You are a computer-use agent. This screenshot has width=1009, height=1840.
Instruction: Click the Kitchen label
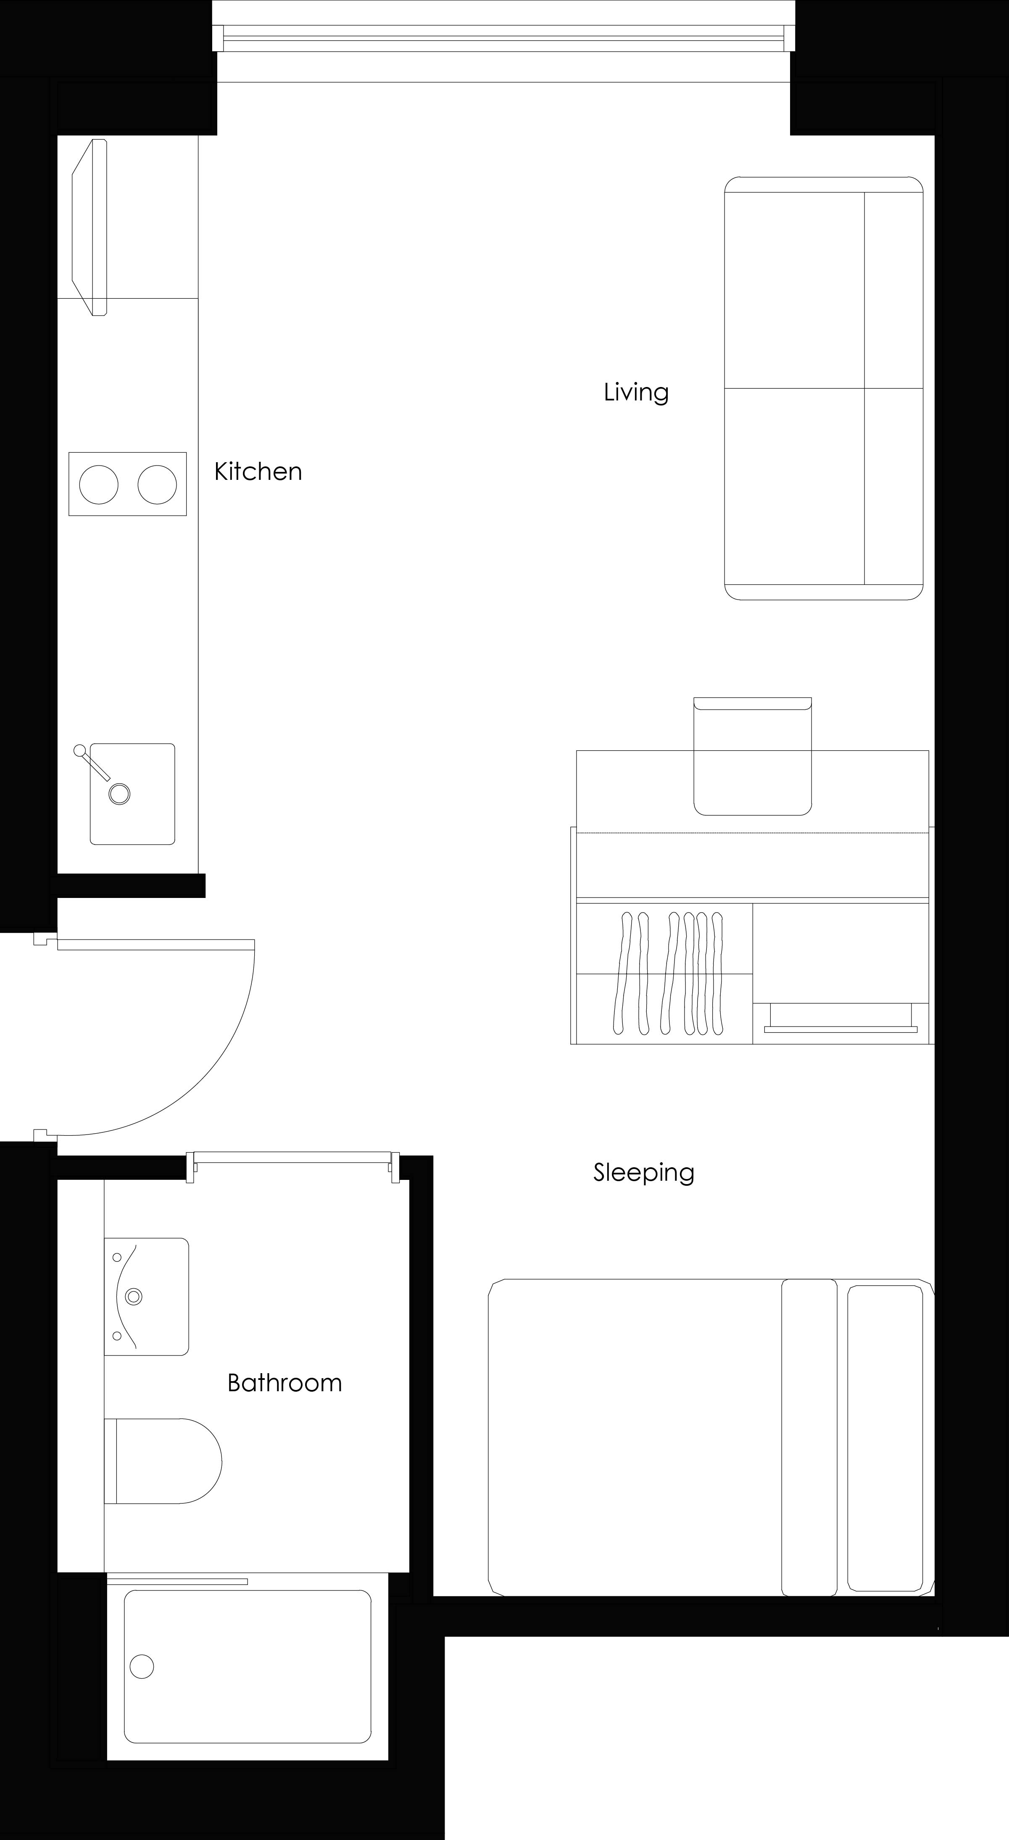258,471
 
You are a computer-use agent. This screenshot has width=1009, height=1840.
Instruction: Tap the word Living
636,392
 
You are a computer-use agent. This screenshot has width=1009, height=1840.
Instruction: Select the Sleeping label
643,1172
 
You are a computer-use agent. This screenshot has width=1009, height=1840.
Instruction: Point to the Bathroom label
285,1383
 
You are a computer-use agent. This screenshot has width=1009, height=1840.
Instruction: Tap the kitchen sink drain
119,794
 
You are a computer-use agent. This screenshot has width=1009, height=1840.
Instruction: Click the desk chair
753,757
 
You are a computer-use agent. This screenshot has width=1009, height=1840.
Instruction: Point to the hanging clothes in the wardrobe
668,972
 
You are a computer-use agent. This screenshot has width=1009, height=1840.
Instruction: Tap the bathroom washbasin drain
134,1296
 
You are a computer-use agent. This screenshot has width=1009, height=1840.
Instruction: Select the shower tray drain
142,1666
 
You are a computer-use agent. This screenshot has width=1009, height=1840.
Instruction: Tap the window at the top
504,39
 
